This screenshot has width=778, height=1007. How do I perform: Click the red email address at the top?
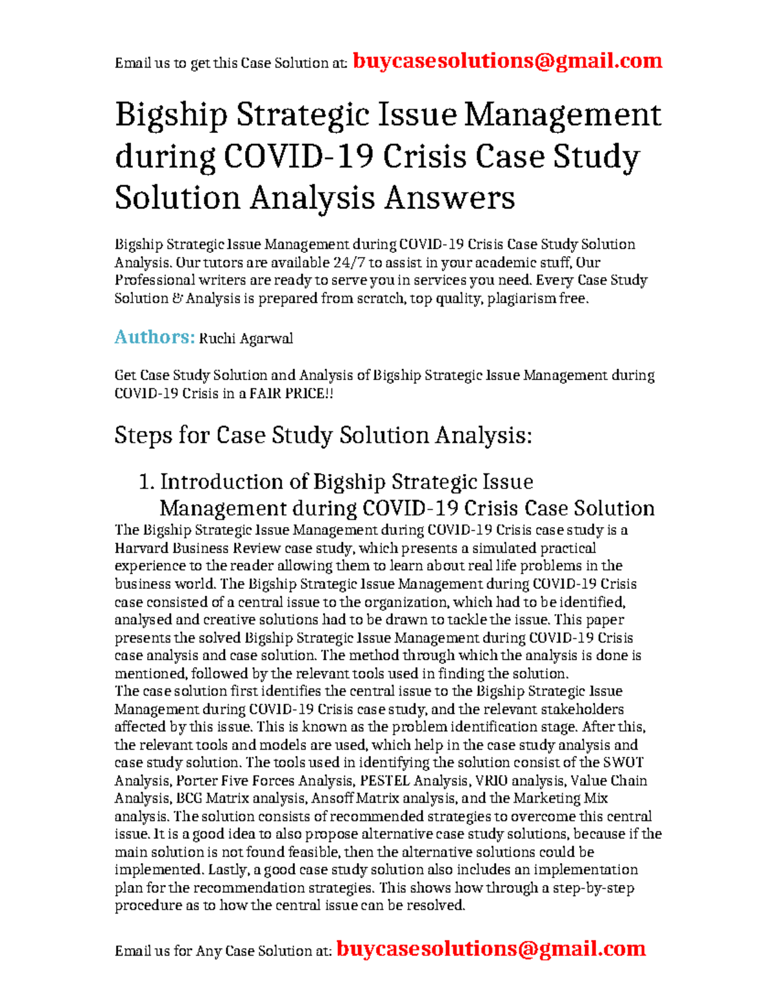[507, 61]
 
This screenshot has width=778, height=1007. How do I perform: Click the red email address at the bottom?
[491, 949]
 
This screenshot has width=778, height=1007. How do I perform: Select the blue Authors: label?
[154, 337]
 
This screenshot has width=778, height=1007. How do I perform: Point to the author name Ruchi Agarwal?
[246, 338]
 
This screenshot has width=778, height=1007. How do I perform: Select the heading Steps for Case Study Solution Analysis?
[323, 435]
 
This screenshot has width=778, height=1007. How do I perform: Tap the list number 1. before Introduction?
[147, 482]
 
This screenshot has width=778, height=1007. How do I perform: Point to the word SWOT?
[623, 763]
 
